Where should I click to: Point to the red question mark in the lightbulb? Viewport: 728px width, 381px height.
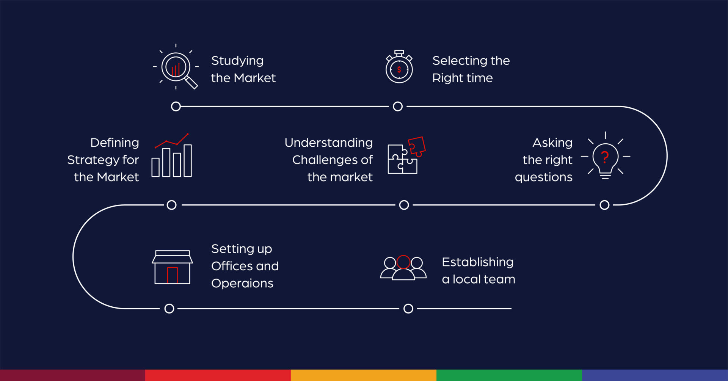tap(605, 156)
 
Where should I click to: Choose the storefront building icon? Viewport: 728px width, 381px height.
tap(172, 267)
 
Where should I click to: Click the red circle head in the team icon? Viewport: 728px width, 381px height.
tap(403, 262)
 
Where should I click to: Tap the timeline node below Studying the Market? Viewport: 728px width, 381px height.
tap(176, 107)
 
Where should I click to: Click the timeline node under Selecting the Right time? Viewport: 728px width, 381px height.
tap(398, 107)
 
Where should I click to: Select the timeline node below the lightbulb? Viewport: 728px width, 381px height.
tap(604, 205)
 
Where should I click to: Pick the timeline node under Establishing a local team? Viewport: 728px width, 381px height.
tap(408, 309)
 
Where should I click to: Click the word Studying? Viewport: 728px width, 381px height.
tap(237, 61)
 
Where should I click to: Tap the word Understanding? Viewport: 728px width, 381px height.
tap(328, 143)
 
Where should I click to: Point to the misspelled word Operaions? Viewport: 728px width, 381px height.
tap(242, 284)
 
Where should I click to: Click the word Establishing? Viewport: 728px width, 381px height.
tap(477, 262)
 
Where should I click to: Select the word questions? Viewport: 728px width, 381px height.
tap(543, 177)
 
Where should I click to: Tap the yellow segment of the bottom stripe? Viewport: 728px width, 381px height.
tap(363, 375)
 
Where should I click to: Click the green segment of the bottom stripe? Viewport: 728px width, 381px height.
tap(509, 375)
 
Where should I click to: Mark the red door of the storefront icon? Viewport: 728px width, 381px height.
tap(172, 275)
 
